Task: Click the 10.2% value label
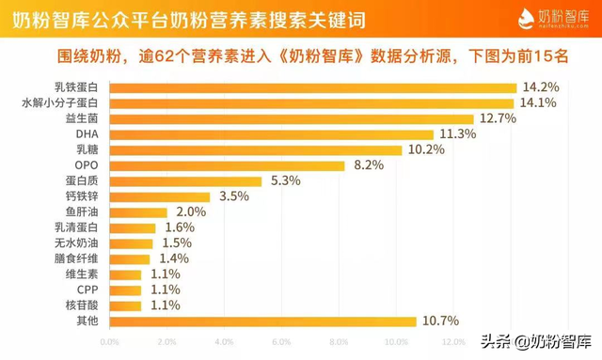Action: point(428,150)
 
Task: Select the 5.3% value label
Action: point(286,181)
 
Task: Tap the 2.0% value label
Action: point(191,212)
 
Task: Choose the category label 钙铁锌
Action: point(82,196)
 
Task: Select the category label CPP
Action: point(87,290)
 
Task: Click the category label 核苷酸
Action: point(82,305)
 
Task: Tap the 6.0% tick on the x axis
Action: point(282,341)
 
